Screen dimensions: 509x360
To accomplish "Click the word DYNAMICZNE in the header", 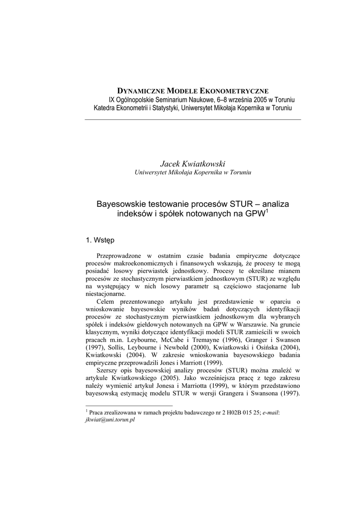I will click(x=141, y=91).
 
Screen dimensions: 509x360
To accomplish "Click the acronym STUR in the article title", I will click(x=241, y=204).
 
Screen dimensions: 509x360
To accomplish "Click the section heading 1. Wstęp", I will click(x=100, y=240).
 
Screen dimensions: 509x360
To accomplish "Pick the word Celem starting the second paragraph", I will click(x=106, y=301).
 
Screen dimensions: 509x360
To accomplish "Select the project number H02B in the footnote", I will click(x=222, y=412).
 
